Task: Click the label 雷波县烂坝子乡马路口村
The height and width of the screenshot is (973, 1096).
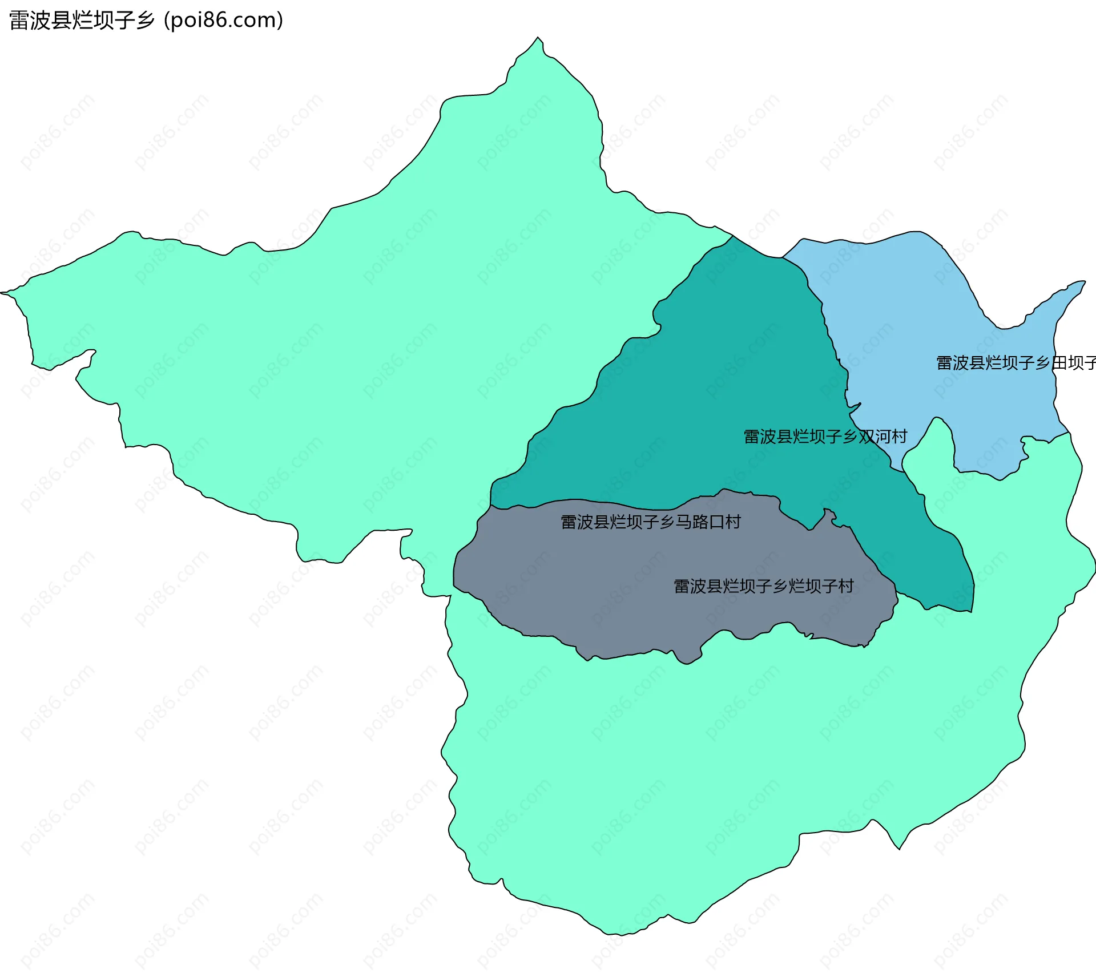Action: [x=650, y=522]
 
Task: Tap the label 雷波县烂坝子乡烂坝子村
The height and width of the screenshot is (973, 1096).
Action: [x=763, y=586]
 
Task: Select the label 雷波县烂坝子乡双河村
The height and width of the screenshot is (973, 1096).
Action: [x=825, y=437]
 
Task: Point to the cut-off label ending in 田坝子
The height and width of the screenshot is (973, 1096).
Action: [x=1016, y=363]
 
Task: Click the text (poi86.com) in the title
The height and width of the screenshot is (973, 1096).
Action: [x=224, y=21]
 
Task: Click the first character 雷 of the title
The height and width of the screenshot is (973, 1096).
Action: [x=19, y=21]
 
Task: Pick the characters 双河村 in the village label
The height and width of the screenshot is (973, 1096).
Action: [x=883, y=437]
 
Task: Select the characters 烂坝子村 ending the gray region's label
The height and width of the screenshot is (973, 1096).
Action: [x=821, y=586]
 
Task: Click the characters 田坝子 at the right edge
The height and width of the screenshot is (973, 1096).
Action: [x=1074, y=363]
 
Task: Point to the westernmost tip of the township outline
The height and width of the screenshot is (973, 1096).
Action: [x=2, y=293]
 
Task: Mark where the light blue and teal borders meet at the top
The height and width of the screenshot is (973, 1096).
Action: [x=782, y=258]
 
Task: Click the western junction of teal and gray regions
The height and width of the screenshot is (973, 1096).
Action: [x=490, y=505]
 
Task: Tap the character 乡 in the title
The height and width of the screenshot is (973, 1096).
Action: [x=146, y=21]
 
